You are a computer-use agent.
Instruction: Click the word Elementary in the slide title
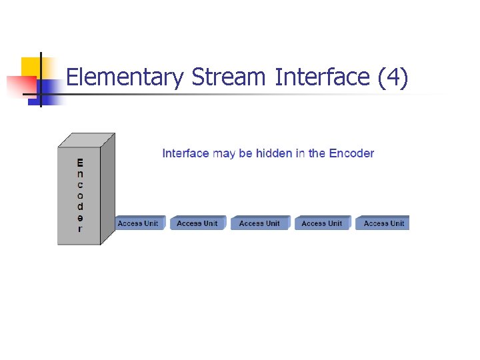pos(124,78)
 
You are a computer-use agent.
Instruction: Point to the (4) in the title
pos(393,78)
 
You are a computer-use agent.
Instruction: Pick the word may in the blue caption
pos(225,153)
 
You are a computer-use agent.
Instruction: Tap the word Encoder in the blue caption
pos(351,153)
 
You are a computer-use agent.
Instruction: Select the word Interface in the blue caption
pos(186,153)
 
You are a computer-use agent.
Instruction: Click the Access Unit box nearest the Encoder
pos(138,223)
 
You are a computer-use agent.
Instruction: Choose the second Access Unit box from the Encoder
pos(197,223)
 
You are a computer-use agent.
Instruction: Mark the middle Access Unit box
pos(259,223)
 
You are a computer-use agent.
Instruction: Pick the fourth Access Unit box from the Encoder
pos(321,223)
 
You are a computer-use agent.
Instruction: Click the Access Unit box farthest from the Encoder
pos(383,223)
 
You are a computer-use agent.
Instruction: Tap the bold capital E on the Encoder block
pos(80,163)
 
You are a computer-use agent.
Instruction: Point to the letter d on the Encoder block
pos(80,206)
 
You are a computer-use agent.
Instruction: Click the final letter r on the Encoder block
pos(80,229)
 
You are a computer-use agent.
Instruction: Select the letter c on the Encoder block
pos(80,185)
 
